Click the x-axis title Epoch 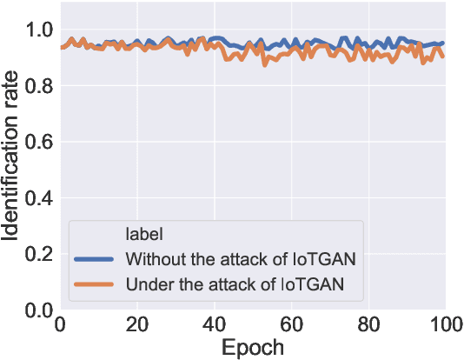[252, 348]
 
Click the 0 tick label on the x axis [60, 325]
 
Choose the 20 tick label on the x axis [136, 325]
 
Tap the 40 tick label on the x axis [214, 325]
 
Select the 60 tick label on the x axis [291, 325]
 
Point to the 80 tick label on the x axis [368, 325]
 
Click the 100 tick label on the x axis [443, 325]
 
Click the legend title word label [144, 234]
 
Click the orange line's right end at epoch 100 [444, 57]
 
